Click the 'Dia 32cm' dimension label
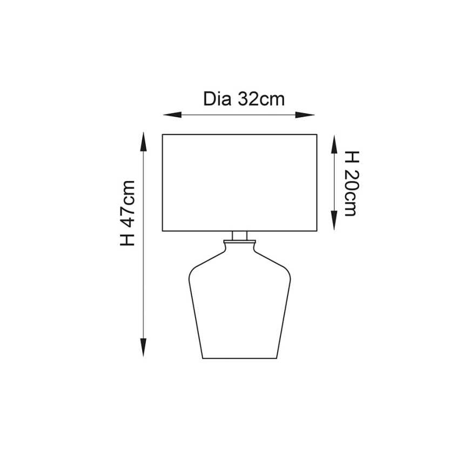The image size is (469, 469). pyautogui.click(x=244, y=99)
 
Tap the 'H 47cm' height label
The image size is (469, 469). pyautogui.click(x=128, y=213)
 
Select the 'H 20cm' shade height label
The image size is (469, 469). pyautogui.click(x=351, y=183)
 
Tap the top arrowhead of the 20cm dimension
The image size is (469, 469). pyautogui.click(x=334, y=140)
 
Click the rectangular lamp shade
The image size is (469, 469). pyautogui.click(x=239, y=183)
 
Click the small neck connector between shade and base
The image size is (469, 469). pyautogui.click(x=239, y=236)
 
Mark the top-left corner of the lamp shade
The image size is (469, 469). pyautogui.click(x=163, y=135)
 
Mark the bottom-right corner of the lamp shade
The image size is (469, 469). pyautogui.click(x=316, y=231)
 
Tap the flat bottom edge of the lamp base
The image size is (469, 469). pyautogui.click(x=239, y=358)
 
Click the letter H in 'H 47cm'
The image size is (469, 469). pyautogui.click(x=128, y=239)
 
